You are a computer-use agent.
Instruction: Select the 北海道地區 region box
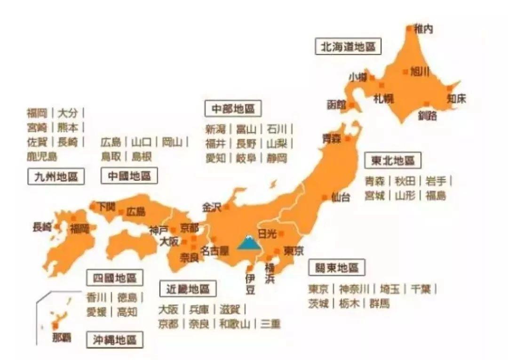[x=348, y=47]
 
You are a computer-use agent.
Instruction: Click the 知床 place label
[x=456, y=99]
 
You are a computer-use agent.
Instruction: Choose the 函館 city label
[x=337, y=104]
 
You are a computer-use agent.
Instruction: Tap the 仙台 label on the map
[x=341, y=197]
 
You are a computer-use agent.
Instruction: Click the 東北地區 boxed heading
[x=393, y=160]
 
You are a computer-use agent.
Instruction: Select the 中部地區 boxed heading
[x=233, y=109]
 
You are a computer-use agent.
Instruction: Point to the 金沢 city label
[x=212, y=207]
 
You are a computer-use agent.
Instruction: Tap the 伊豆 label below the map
[x=250, y=284]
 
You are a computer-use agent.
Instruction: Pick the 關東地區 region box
[x=337, y=268]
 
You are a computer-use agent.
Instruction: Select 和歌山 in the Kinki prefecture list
[x=234, y=324]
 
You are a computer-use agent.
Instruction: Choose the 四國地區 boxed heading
[x=115, y=278]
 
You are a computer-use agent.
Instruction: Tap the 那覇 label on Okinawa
[x=61, y=337]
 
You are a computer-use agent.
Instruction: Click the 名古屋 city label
[x=214, y=250]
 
